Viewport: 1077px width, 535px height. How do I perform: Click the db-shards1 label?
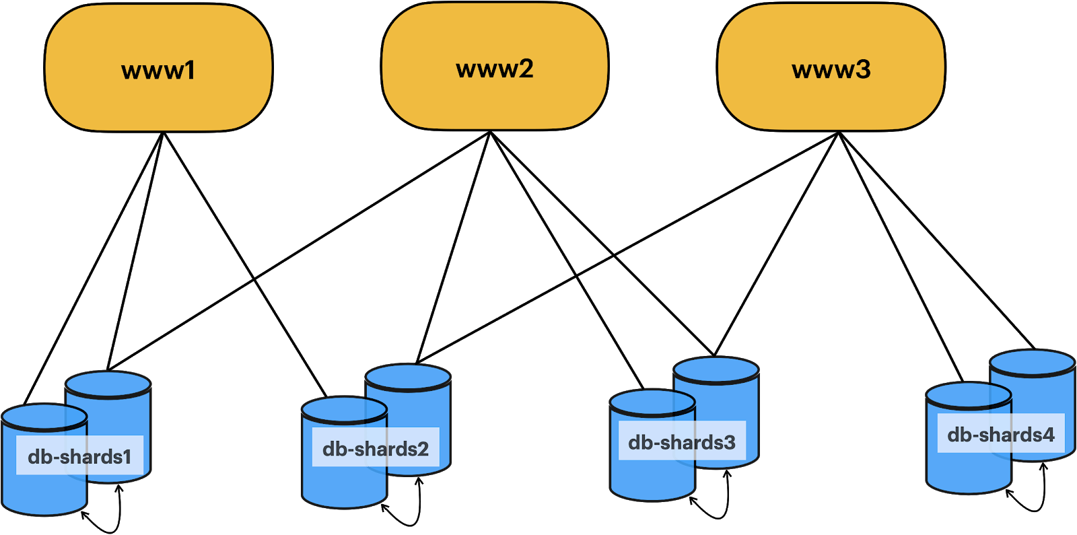click(79, 456)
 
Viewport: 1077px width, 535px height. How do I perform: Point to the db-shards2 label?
click(376, 448)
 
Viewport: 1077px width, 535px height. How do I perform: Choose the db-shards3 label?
click(681, 442)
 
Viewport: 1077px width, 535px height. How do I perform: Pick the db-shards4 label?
click(1000, 434)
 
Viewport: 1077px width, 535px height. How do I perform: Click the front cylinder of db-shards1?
click(44, 491)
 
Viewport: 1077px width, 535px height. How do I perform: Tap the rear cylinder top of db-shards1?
click(108, 384)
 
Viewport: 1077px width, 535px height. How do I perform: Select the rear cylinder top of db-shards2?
click(408, 376)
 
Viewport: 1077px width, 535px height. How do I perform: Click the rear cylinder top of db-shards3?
click(716, 369)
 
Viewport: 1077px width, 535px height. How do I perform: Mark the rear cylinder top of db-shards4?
click(1032, 361)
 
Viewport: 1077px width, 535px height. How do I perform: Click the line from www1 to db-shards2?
click(244, 262)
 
